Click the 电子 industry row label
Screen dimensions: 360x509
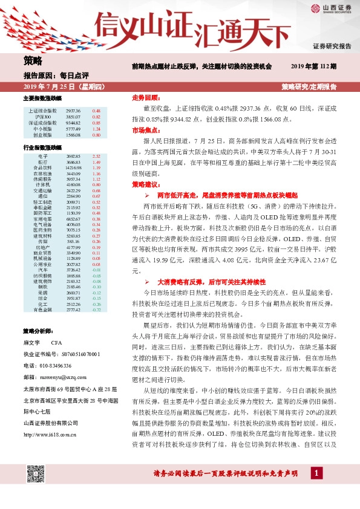point(42,156)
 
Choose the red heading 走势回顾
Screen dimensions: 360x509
point(145,97)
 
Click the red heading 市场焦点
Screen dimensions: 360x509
point(145,130)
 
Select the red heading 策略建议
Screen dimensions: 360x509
point(145,184)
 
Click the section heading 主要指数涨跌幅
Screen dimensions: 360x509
point(42,98)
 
